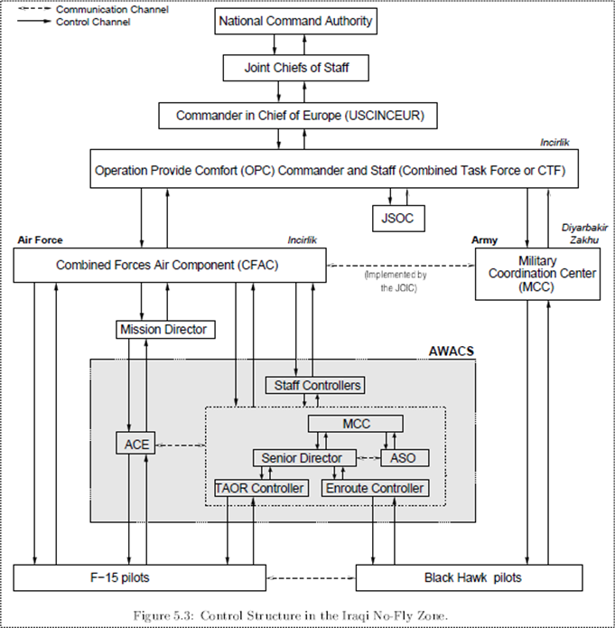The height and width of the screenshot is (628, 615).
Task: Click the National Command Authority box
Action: (x=295, y=21)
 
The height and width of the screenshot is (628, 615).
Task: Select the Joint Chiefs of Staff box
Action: (x=294, y=68)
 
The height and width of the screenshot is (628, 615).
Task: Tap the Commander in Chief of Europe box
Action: (x=299, y=116)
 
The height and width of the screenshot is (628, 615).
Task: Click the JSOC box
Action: (x=397, y=217)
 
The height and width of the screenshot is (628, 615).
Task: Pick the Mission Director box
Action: (x=165, y=330)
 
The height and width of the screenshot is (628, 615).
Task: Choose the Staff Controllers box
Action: (x=314, y=386)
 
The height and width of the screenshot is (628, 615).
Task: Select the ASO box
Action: (x=404, y=458)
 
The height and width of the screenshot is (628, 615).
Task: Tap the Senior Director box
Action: (x=302, y=458)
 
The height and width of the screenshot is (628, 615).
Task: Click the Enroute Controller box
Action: (x=373, y=488)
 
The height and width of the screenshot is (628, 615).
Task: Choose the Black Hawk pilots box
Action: (x=472, y=577)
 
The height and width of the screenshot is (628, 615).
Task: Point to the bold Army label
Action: (x=485, y=240)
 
